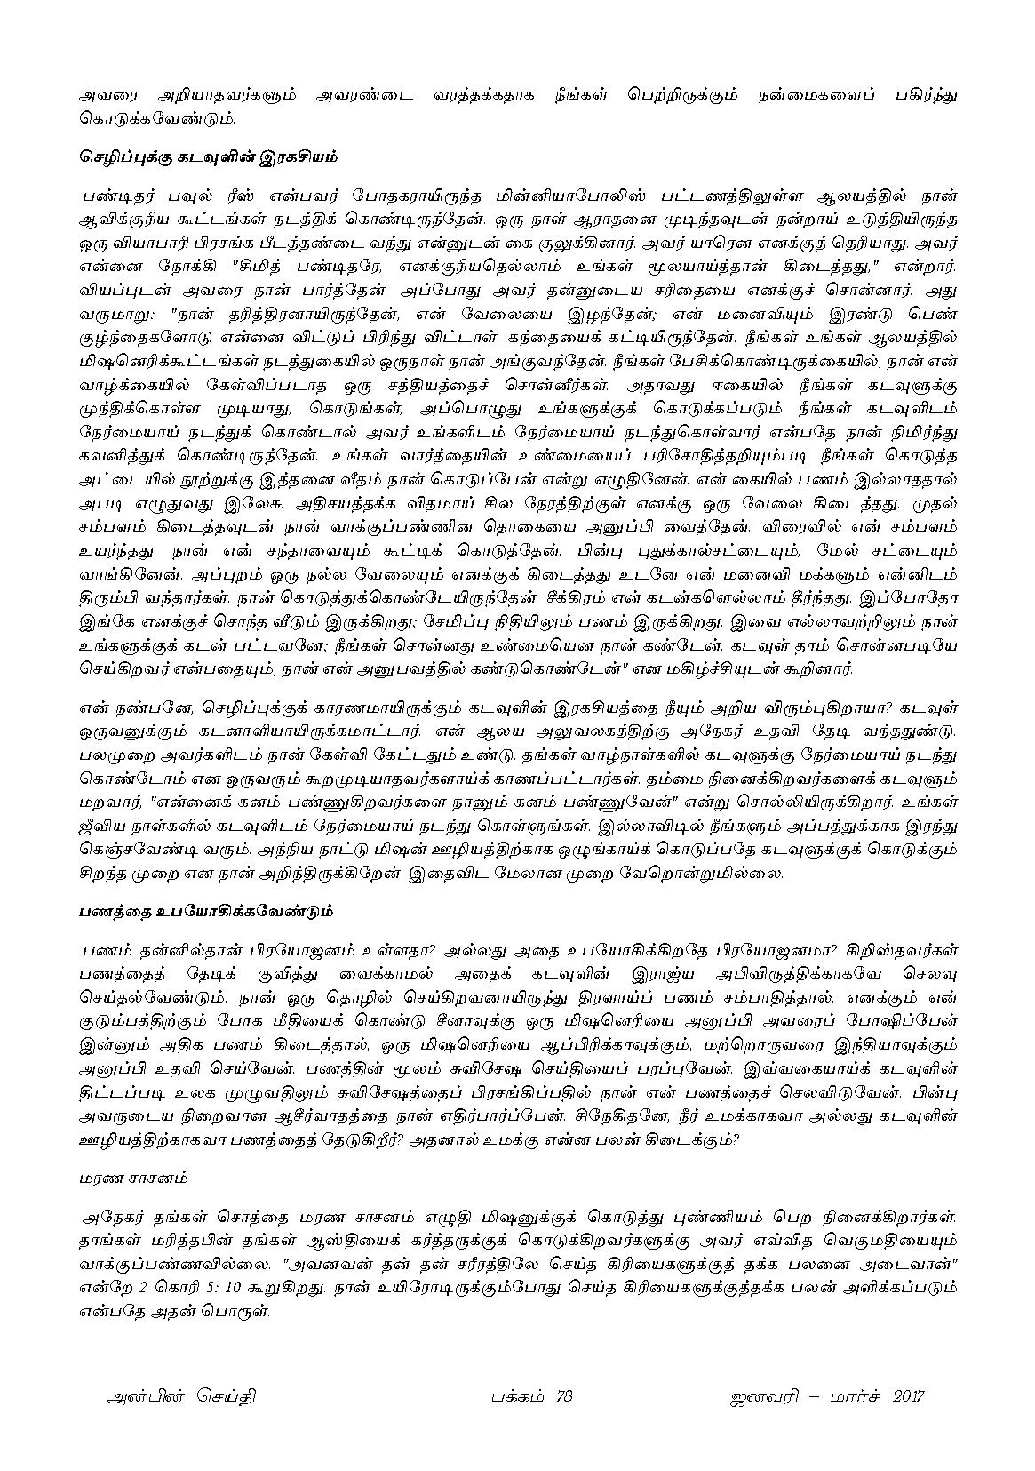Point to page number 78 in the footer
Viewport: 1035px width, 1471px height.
point(561,1396)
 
